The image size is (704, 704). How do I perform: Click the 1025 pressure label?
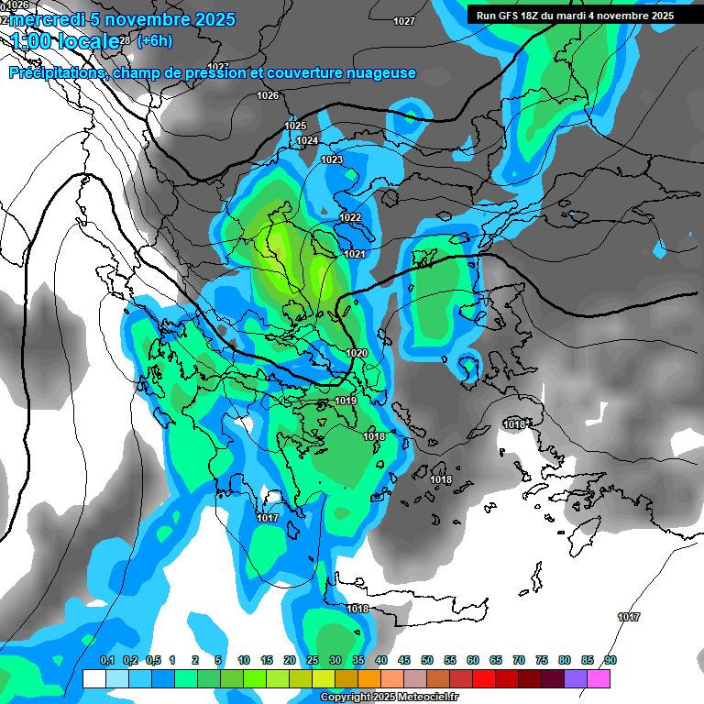[295, 126]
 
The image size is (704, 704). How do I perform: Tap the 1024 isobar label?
[308, 140]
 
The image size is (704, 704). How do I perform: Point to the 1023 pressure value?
[332, 159]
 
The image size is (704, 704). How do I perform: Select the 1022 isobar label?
[350, 217]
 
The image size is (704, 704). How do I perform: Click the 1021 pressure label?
[356, 254]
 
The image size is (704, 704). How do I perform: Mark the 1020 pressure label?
[357, 353]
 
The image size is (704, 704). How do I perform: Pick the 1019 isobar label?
[346, 401]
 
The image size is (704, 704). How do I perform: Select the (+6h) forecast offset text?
[154, 40]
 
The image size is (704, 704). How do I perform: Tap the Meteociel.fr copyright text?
[390, 698]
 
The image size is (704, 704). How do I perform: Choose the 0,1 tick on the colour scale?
[106, 660]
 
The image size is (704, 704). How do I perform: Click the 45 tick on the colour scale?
[404, 660]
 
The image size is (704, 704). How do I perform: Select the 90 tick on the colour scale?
[610, 660]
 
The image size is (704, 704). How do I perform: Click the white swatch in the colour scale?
[93, 678]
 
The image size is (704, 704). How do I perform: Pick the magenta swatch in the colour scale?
[599, 678]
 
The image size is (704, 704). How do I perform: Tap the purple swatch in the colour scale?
[576, 678]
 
